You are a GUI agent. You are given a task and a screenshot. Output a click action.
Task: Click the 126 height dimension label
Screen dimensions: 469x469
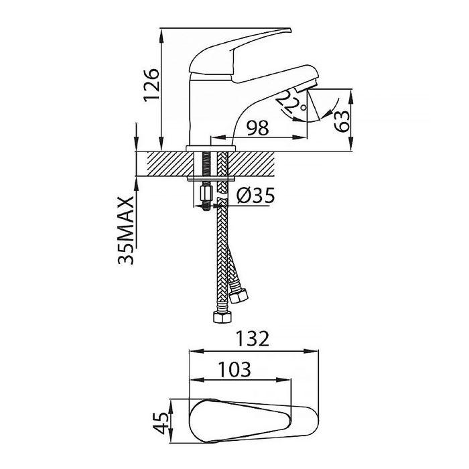(151, 86)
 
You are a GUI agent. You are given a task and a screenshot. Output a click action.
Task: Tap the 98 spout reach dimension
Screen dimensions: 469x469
(257, 128)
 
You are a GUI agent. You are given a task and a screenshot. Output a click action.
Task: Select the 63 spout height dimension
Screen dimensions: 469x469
(342, 121)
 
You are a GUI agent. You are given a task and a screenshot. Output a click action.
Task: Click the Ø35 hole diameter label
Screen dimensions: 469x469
(255, 196)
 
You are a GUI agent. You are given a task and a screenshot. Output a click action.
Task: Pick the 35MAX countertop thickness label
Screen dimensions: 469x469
(126, 230)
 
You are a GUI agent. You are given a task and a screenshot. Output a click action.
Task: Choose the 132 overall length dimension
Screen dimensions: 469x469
(253, 338)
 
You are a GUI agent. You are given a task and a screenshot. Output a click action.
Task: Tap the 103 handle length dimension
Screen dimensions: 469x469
(234, 370)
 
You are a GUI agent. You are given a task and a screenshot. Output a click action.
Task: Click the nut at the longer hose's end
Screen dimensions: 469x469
(222, 317)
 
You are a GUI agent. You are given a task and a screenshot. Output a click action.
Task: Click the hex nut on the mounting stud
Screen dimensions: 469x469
(206, 194)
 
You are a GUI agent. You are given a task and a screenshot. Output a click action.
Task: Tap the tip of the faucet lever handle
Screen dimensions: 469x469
(290, 29)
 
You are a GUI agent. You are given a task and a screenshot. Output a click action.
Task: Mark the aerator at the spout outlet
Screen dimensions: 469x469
(305, 87)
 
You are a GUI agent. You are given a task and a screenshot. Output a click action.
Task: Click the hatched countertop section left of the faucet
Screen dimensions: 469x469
(170, 164)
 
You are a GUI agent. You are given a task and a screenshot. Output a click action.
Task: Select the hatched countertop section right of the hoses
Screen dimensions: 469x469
(251, 164)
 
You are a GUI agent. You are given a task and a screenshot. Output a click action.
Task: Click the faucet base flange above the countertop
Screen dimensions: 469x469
(211, 149)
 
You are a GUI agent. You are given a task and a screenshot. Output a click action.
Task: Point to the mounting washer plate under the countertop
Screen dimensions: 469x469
(211, 179)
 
